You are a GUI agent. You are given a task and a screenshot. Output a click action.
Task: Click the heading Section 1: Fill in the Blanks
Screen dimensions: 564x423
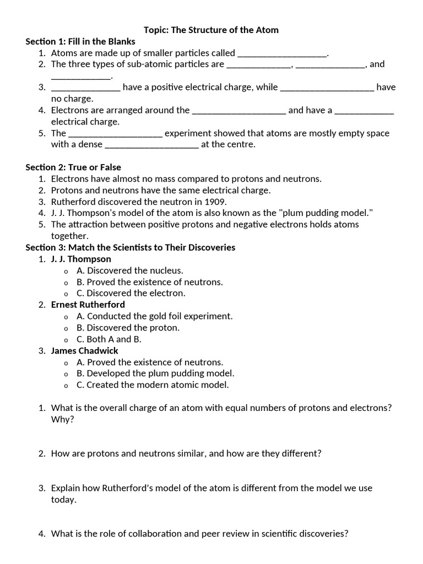point(80,41)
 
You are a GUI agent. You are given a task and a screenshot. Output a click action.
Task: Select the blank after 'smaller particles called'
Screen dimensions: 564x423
point(282,53)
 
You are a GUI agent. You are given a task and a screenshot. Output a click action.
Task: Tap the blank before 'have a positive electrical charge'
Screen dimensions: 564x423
point(85,88)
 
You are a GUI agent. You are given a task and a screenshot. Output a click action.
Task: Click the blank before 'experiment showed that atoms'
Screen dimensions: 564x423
point(115,133)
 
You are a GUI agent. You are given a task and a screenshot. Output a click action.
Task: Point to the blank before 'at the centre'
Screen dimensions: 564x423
point(151,145)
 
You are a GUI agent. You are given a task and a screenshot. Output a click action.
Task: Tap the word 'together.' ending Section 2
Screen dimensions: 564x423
point(69,236)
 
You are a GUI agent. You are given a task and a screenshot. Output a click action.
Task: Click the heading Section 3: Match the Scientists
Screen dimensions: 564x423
point(131,247)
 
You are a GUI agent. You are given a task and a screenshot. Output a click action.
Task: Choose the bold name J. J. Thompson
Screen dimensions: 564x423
point(81,259)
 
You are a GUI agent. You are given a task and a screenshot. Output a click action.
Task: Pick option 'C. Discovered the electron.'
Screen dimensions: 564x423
point(131,293)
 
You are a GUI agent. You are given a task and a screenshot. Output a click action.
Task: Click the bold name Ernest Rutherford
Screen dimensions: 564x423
point(88,305)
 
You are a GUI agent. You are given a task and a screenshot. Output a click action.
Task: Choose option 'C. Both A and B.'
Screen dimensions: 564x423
point(109,339)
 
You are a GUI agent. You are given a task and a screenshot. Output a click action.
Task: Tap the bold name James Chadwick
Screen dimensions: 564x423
point(84,351)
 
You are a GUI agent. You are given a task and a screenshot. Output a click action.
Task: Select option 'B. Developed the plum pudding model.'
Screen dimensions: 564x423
point(155,373)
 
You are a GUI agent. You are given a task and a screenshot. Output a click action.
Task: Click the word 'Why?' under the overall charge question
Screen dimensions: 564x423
point(62,419)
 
